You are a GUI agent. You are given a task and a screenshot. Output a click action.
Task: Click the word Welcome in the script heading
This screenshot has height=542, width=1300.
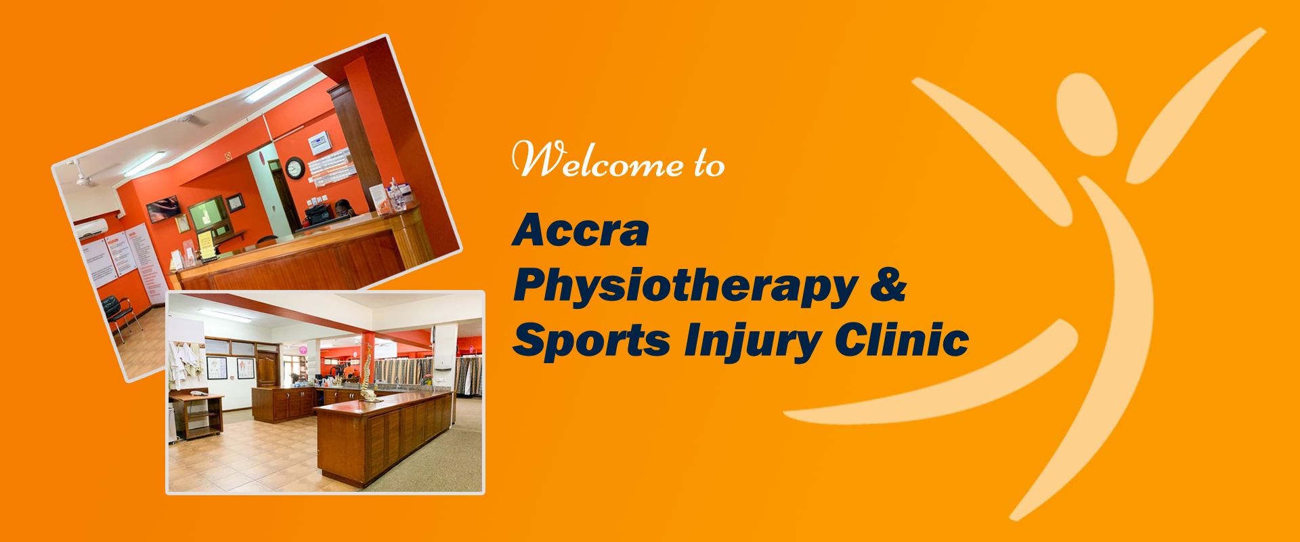tap(598, 160)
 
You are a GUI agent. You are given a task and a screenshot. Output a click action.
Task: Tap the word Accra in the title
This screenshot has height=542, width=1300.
tap(581, 230)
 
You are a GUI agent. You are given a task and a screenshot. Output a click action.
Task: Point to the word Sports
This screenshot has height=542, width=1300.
tap(591, 340)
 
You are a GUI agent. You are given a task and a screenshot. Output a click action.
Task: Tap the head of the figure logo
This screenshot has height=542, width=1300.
tap(1086, 114)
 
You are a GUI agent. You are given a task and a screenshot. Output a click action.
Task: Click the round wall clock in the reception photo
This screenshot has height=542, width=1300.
tap(295, 167)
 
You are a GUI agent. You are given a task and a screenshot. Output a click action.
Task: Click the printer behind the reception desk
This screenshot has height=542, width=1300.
tap(319, 214)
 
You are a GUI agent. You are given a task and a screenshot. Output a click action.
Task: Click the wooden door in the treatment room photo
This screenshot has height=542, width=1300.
tap(267, 369)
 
